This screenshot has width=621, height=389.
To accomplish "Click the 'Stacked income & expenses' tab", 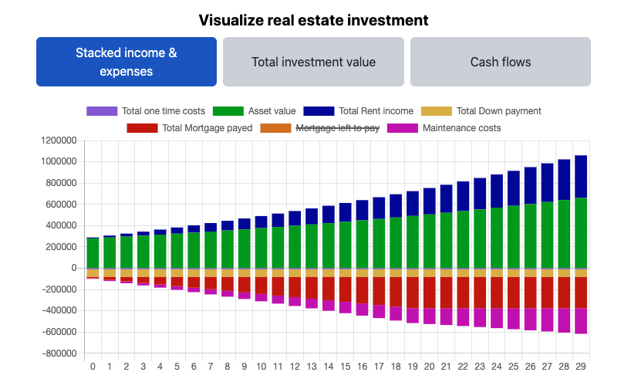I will coord(126,62).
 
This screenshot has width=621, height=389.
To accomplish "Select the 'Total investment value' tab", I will coord(313,62).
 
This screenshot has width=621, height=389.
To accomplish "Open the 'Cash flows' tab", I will coord(500,62).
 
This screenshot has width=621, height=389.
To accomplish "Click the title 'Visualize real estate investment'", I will coord(313,20).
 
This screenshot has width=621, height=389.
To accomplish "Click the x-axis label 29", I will coord(581,367).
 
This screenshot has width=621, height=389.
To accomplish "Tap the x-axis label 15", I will coord(345,367).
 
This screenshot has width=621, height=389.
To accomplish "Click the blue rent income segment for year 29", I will coord(581,177).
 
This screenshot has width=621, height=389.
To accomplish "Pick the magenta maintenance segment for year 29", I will coord(581,321).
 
